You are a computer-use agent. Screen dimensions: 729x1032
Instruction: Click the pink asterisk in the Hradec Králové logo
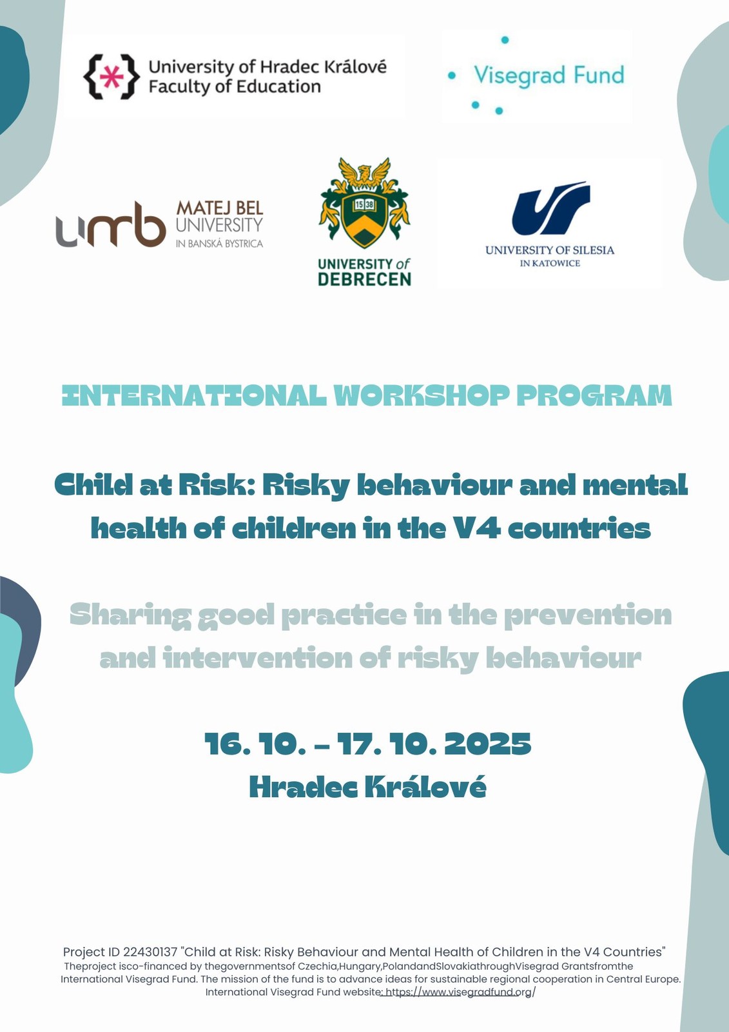click(111, 77)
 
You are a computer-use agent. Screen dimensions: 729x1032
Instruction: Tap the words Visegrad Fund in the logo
click(549, 75)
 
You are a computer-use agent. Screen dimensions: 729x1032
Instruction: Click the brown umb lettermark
click(110, 224)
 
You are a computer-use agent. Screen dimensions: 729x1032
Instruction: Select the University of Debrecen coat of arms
click(364, 203)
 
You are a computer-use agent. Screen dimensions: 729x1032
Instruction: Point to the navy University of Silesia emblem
click(551, 208)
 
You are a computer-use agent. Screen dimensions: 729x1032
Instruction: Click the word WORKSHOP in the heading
click(421, 396)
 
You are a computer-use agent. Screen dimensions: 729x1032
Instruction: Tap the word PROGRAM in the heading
click(594, 396)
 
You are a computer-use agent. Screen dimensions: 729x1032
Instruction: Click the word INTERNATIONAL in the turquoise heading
click(194, 396)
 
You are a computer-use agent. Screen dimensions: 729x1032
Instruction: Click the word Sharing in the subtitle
click(130, 616)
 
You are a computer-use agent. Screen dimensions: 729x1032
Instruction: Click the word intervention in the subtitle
click(257, 659)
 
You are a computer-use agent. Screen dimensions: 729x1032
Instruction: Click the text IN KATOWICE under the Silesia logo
click(550, 264)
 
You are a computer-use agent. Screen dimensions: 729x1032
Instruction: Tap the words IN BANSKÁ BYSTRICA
click(219, 243)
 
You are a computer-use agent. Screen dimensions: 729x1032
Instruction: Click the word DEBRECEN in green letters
click(364, 279)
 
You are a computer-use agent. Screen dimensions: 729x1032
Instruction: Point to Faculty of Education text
click(235, 86)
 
